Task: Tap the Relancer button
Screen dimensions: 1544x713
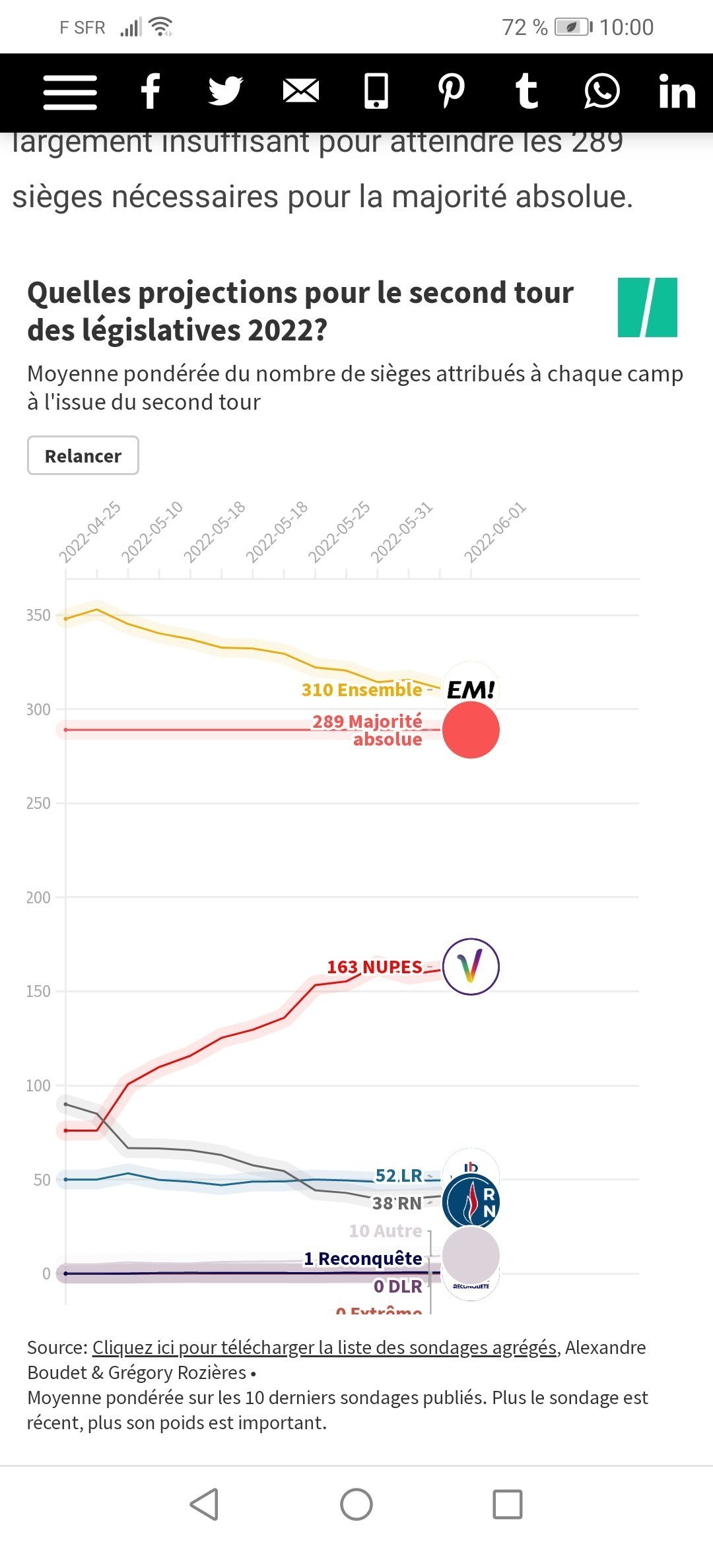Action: pyautogui.click(x=83, y=455)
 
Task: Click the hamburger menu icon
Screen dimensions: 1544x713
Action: pyautogui.click(x=70, y=92)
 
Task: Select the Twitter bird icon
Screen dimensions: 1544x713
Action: pyautogui.click(x=225, y=91)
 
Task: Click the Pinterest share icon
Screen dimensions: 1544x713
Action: pyautogui.click(x=452, y=91)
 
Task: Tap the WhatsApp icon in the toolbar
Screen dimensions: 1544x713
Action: pyautogui.click(x=601, y=91)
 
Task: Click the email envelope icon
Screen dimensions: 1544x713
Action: pyautogui.click(x=301, y=91)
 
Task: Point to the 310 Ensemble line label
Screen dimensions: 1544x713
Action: pyautogui.click(x=362, y=690)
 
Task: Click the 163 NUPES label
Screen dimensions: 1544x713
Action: pyautogui.click(x=374, y=967)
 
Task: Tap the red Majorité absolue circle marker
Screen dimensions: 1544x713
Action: pyautogui.click(x=471, y=730)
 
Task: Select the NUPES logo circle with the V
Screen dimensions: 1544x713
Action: pyautogui.click(x=471, y=967)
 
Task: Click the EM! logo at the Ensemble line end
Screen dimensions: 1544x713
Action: pyautogui.click(x=471, y=690)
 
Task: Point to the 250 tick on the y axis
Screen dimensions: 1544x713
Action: pyautogui.click(x=38, y=803)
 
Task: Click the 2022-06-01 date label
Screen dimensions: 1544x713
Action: pyautogui.click(x=495, y=532)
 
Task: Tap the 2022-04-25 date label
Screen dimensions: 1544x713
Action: pyautogui.click(x=90, y=532)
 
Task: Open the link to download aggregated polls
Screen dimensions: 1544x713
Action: pyautogui.click(x=324, y=1347)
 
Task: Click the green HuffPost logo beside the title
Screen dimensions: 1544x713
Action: pyautogui.click(x=647, y=307)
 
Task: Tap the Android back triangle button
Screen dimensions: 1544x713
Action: pyautogui.click(x=204, y=1504)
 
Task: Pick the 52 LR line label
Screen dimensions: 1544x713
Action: pyautogui.click(x=399, y=1175)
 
